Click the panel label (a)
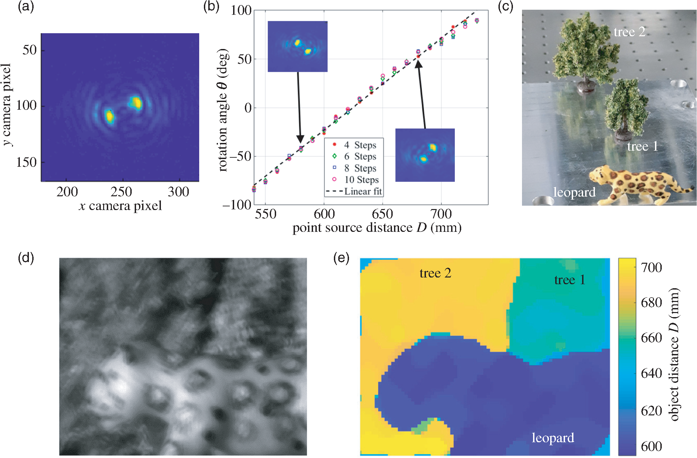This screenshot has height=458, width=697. [x=26, y=7]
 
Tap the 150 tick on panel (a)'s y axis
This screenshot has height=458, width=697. [x=26, y=162]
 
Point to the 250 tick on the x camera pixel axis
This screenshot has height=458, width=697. [x=121, y=192]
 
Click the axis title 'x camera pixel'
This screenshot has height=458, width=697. [x=120, y=206]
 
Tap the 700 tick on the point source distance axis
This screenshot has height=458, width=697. [x=441, y=214]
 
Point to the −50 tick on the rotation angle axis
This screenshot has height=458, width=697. [x=243, y=156]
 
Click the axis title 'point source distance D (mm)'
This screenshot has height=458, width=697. [x=377, y=227]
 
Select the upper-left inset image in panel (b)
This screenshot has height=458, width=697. [x=297, y=46]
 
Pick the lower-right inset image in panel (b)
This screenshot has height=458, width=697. [x=425, y=155]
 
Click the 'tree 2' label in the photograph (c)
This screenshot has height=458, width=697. [x=629, y=32]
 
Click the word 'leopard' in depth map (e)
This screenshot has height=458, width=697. [x=553, y=438]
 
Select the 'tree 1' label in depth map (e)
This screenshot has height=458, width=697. [x=570, y=280]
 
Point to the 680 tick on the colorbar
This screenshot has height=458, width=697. [x=651, y=303]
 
